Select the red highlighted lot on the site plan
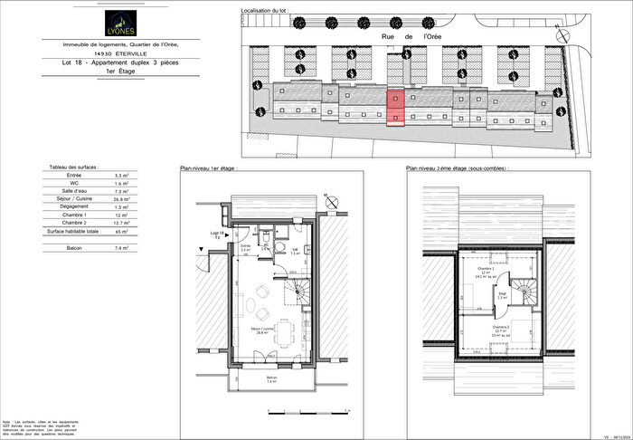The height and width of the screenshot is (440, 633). tap(395, 109)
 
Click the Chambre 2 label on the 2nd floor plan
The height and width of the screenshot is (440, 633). tap(498, 329)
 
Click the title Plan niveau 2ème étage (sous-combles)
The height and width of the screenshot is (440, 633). tap(457, 168)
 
